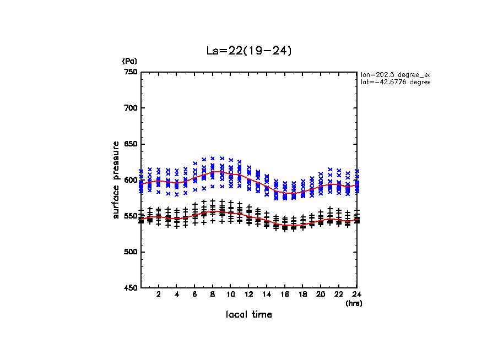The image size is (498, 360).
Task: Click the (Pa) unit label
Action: click(x=129, y=61)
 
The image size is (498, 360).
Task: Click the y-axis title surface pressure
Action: click(x=116, y=180)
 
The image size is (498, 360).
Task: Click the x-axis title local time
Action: click(x=248, y=314)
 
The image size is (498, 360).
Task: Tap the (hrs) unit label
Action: click(x=353, y=303)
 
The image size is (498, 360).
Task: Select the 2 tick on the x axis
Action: click(x=159, y=294)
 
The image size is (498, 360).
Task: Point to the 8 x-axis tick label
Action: click(x=213, y=294)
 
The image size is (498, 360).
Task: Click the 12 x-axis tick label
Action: click(x=248, y=294)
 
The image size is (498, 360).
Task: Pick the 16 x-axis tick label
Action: click(x=285, y=294)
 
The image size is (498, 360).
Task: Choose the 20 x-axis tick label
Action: click(x=321, y=294)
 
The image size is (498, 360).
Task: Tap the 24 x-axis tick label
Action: click(x=356, y=294)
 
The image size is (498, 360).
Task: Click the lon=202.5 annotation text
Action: click(x=394, y=74)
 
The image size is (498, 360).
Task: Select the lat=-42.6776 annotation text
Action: click(x=394, y=82)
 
